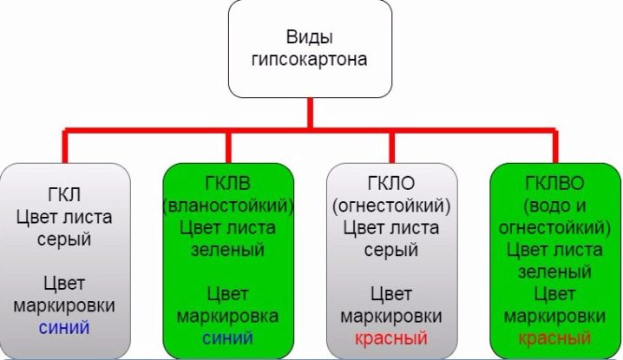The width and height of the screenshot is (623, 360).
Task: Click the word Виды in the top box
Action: pos(310,38)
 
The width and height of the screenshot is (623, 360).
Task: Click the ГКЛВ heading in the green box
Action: pos(228,188)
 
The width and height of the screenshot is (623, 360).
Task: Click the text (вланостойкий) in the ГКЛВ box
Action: pos(228,208)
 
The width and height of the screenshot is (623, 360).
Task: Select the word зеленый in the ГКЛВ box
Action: pos(228,249)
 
